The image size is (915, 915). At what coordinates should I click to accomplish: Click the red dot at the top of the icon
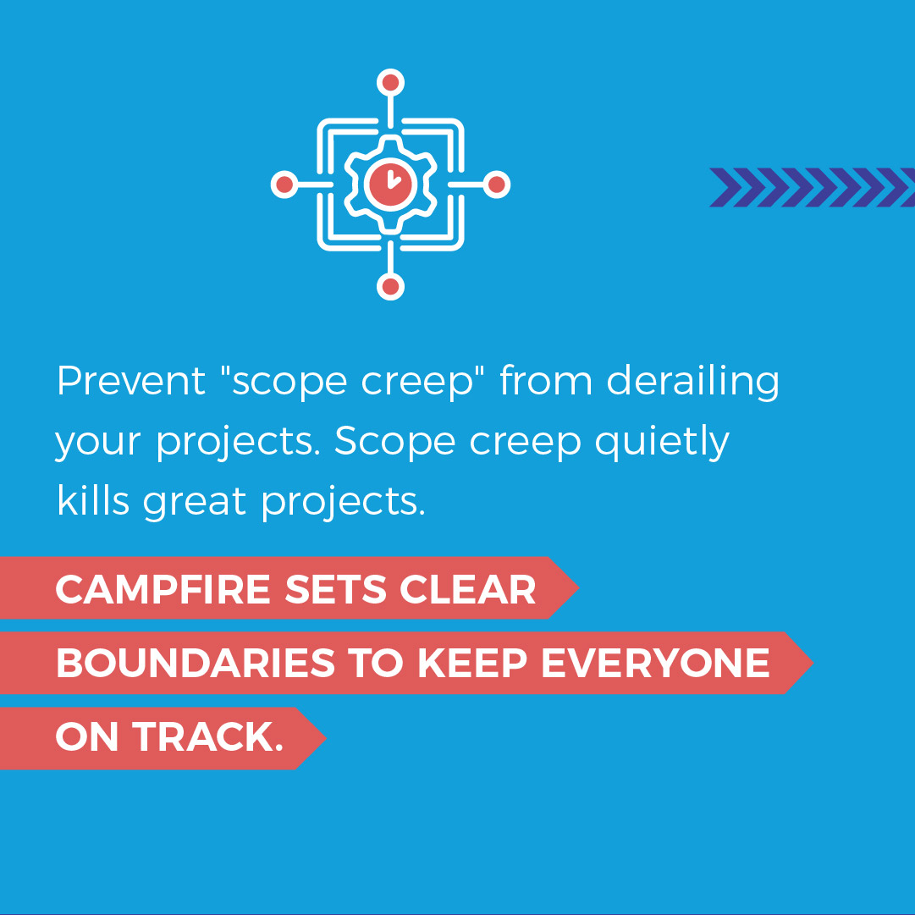[390, 83]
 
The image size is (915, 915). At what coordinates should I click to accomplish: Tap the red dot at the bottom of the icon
[390, 287]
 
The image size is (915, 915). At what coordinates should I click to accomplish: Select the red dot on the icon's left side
[285, 185]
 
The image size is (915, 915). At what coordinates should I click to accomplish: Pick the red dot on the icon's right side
[497, 185]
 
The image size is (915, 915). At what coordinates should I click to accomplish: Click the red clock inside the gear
[390, 184]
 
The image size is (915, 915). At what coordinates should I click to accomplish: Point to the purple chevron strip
[811, 187]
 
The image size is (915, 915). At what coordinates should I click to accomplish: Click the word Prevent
[131, 382]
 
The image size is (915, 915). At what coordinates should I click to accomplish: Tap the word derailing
[693, 382]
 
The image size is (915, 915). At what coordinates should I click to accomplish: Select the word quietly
[661, 443]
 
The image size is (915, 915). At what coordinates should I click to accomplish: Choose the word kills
[93, 501]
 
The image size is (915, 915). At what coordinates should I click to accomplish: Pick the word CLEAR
[468, 590]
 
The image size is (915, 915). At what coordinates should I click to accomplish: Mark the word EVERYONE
[655, 664]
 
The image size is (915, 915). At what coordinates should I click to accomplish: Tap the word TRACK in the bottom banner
[206, 738]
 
